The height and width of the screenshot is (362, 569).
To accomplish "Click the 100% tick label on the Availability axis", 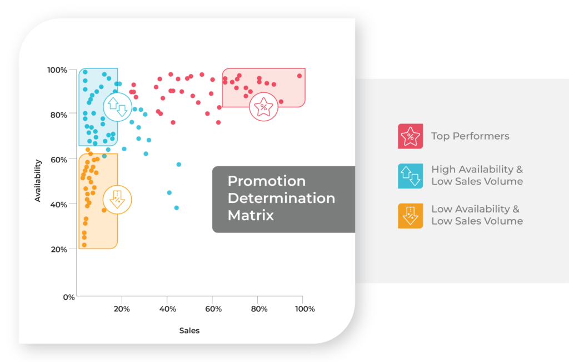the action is point(57,70).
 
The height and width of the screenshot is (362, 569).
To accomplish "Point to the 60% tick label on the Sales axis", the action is point(213,309).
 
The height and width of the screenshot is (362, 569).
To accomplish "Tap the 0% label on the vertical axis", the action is point(69,297).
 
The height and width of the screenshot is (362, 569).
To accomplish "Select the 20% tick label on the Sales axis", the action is point(122,309).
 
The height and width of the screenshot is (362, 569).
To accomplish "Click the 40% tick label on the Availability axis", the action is point(59,205).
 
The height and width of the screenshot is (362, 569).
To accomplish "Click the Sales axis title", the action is point(189,330).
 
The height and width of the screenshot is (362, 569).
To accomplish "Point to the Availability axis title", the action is point(37,181).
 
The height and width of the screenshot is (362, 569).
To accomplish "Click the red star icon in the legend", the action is point(411,136).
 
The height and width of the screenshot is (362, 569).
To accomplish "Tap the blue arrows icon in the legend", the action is point(411,176).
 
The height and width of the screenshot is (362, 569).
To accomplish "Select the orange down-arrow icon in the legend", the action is point(411,216).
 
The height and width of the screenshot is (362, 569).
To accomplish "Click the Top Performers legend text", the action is point(470,136).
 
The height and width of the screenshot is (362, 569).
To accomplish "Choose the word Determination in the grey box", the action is point(281,199).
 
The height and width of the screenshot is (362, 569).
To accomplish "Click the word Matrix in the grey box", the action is point(251,215).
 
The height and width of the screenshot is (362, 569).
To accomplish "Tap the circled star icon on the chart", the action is point(263,107).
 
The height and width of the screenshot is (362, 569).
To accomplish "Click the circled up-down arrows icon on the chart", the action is point(118,107).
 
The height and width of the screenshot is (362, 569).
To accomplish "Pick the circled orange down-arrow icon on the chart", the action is point(117,199).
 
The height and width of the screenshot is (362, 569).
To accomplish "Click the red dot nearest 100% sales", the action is point(300,76).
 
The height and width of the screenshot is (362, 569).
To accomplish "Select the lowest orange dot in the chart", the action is point(84,245).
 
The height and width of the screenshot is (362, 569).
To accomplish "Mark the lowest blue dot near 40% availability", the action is point(176,207).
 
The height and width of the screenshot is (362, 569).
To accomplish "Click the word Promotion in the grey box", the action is point(267,181).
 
